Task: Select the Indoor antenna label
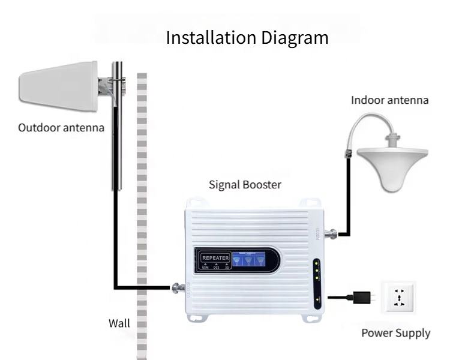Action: (390, 100)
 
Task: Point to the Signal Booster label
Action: (245, 184)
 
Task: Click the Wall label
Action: (119, 323)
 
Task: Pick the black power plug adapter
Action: (362, 296)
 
